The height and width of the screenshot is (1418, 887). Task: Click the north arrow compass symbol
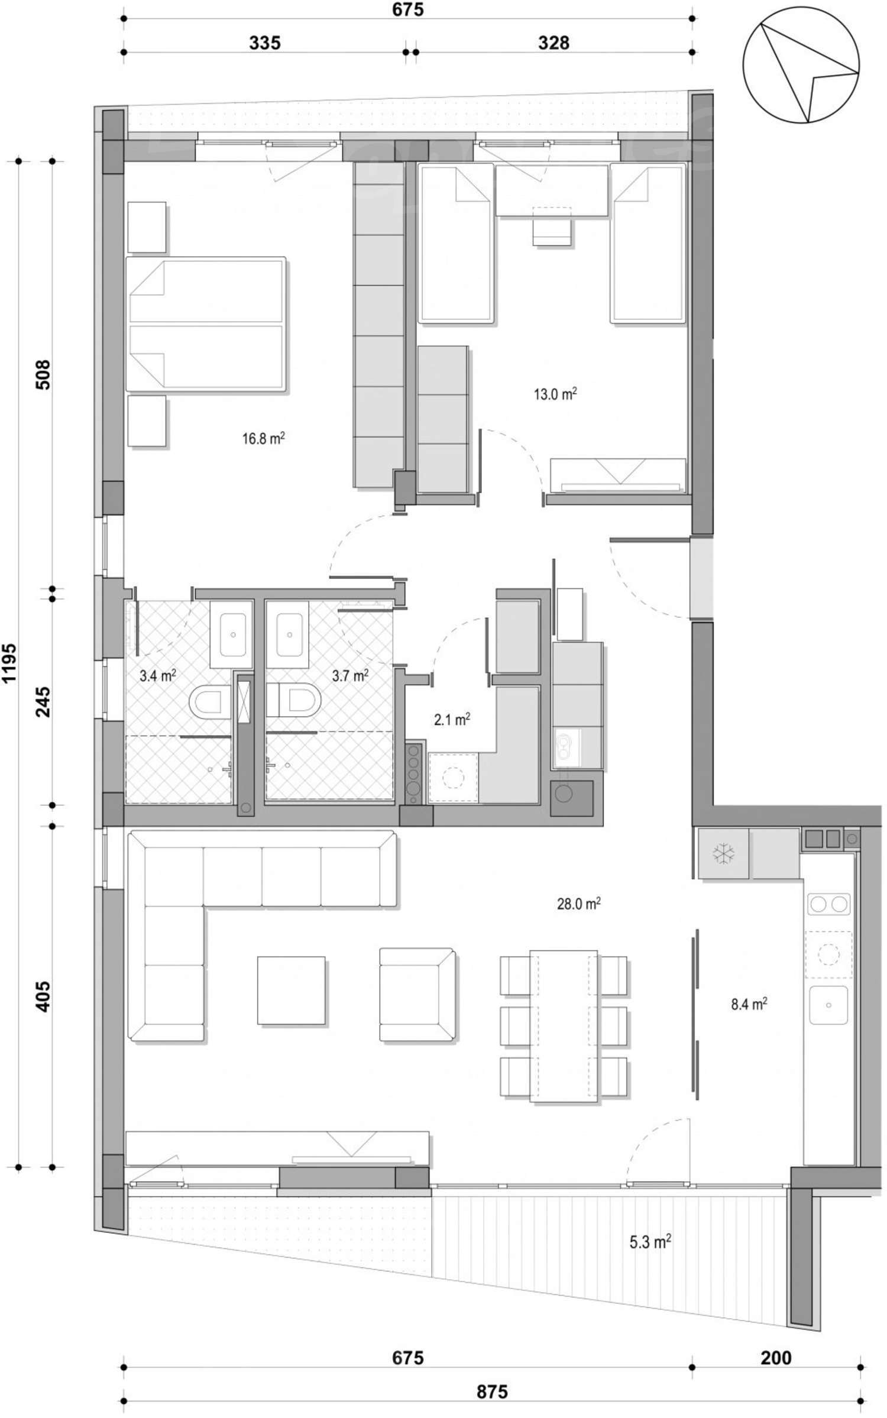[x=801, y=65]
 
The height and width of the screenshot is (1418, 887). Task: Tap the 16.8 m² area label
[x=263, y=439]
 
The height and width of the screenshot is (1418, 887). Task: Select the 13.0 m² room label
[x=555, y=394]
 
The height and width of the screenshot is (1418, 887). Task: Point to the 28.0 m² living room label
[x=578, y=904]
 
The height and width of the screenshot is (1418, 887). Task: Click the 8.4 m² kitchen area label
[x=749, y=1004]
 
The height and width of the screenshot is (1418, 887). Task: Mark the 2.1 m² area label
[x=452, y=720]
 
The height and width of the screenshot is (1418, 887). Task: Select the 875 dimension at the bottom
[x=491, y=1392]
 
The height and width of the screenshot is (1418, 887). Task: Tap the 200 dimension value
[x=775, y=1358]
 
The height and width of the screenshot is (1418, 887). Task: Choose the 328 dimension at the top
[x=553, y=43]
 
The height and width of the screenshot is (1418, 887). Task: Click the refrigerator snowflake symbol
[x=723, y=853]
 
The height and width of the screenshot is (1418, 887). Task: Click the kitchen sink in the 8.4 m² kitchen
[x=828, y=1005]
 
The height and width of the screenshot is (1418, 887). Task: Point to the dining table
[x=564, y=1026]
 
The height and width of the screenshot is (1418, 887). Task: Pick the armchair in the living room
[x=416, y=995]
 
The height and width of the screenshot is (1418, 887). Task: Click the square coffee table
[x=291, y=990]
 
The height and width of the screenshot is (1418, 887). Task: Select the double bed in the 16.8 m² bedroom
[x=206, y=324]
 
